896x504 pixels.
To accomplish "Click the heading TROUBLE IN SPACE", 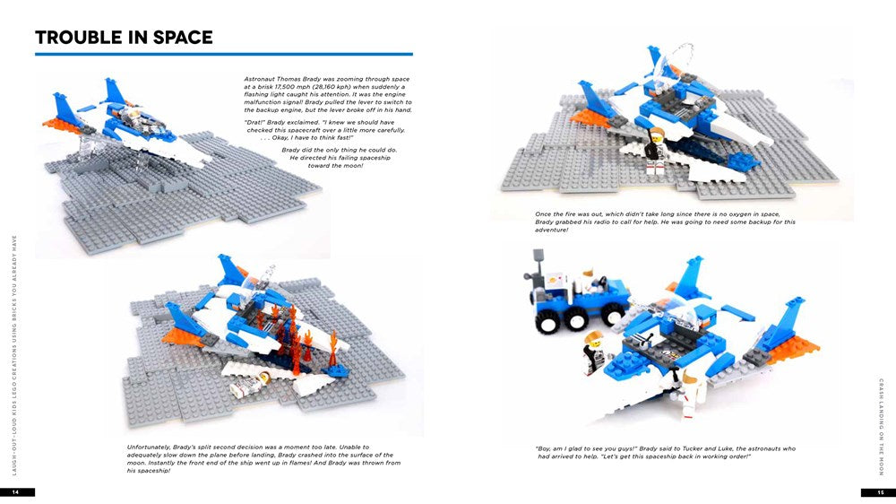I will coord(124,38).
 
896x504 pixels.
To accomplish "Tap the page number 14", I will coord(16,492).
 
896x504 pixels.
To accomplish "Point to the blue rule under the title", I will coord(224,55).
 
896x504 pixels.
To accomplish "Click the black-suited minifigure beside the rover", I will coord(593,351).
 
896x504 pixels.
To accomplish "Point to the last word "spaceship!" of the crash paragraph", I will coord(148,470).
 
